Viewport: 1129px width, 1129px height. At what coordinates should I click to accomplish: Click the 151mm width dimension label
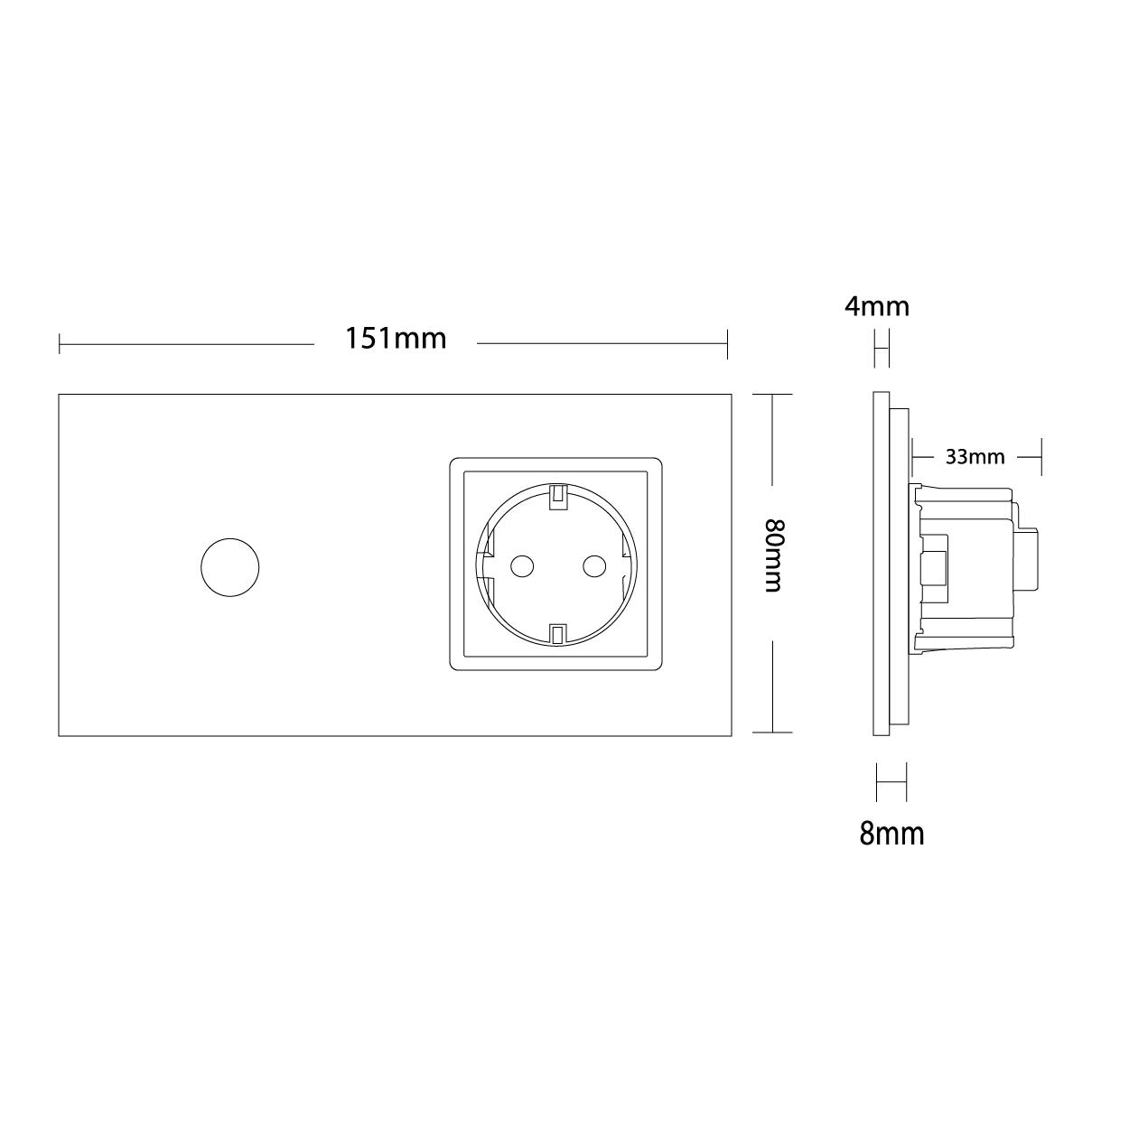coord(397,339)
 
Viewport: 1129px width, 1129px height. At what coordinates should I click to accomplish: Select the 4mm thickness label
coord(876,306)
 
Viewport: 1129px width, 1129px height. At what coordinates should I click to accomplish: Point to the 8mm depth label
coord(891,833)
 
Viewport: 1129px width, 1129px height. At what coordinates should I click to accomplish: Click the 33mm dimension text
coord(975,457)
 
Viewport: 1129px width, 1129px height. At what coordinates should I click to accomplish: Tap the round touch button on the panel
coord(230,567)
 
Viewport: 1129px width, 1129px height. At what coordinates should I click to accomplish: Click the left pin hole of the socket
coord(522,566)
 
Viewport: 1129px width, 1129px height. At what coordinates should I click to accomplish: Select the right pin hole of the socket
coord(594,566)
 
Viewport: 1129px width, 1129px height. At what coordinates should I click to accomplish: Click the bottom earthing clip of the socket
coord(558,636)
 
